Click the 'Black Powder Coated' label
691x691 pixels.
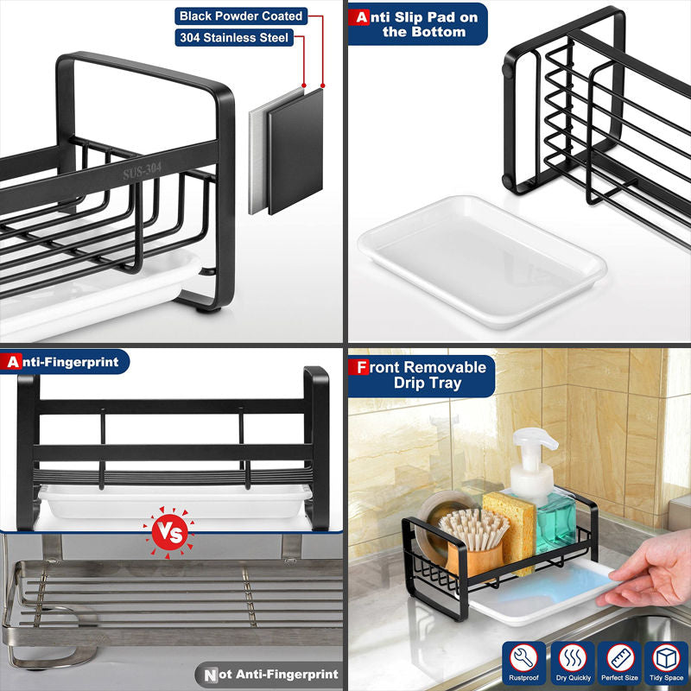pos(241,16)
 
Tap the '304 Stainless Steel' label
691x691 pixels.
pos(234,37)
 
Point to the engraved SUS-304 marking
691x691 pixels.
pos(142,171)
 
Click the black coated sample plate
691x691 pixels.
pos(295,150)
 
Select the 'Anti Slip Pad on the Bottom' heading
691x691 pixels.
pos(417,24)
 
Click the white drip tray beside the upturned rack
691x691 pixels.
pos(483,261)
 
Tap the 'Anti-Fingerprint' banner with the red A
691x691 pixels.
pos(64,362)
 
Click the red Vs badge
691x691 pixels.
pos(169,533)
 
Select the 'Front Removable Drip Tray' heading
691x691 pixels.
pos(421,375)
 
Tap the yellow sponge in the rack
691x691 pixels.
pos(510,529)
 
